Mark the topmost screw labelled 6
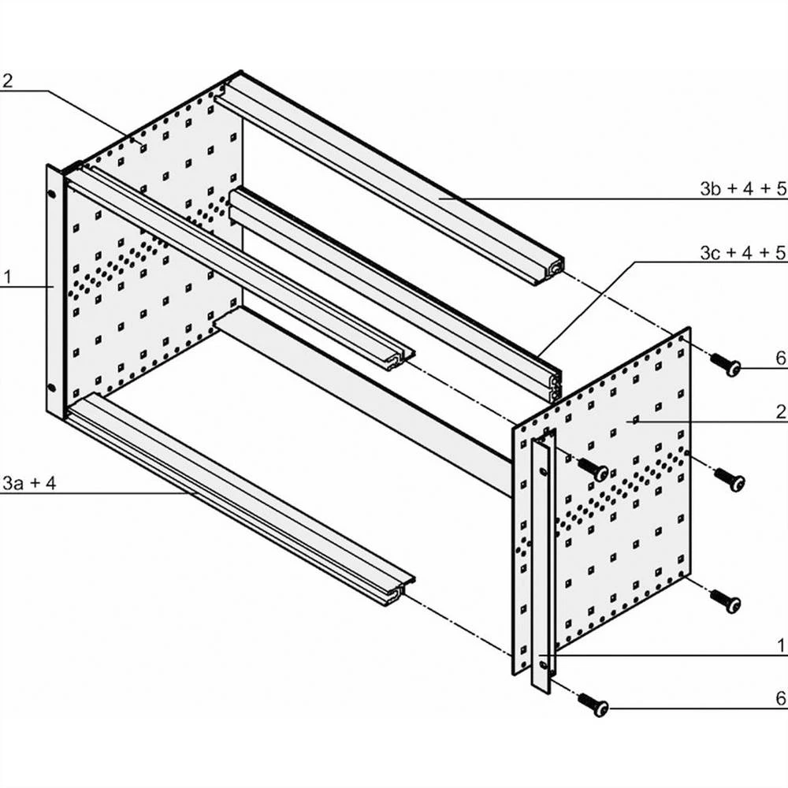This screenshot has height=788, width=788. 726,364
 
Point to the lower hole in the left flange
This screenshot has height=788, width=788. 52,388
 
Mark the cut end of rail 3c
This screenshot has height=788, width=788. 555,386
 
